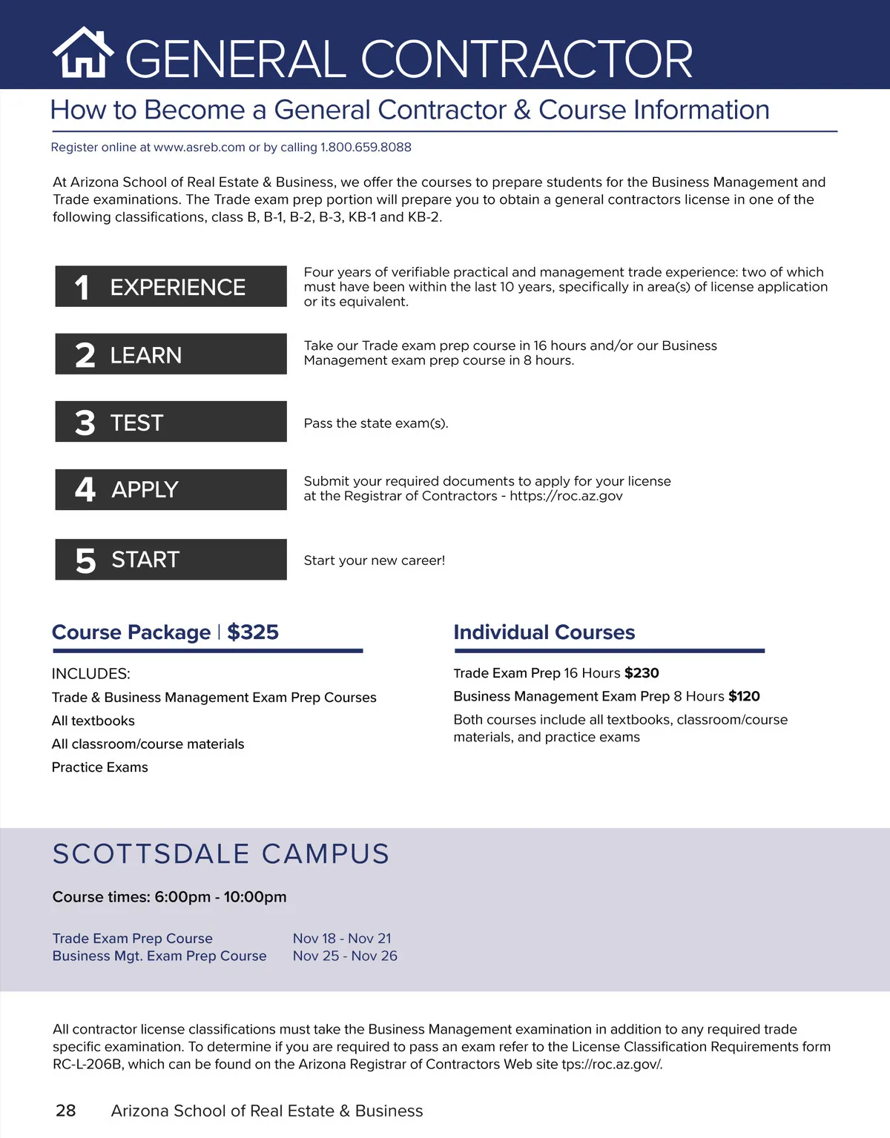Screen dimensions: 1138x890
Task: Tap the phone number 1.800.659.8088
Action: click(x=366, y=147)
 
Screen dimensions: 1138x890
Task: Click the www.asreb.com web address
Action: click(x=199, y=147)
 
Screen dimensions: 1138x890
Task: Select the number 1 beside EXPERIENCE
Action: click(x=82, y=288)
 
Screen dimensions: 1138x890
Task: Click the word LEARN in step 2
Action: click(x=145, y=355)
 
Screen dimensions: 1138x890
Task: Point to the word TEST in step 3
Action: click(x=136, y=423)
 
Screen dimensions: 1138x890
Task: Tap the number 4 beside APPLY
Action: click(x=85, y=489)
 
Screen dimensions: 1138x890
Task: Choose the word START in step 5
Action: click(x=145, y=559)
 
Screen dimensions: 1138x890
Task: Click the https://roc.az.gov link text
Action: click(x=566, y=496)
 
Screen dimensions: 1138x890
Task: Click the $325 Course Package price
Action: click(x=253, y=632)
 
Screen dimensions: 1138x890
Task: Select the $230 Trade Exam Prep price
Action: click(x=642, y=673)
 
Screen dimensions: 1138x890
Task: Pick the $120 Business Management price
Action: click(x=744, y=696)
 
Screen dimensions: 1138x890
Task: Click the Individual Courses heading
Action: click(x=544, y=632)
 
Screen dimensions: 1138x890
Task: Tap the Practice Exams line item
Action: click(x=100, y=767)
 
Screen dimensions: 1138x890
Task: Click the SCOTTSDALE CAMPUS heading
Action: click(x=221, y=854)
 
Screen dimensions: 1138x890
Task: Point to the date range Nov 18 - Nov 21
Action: click(x=342, y=939)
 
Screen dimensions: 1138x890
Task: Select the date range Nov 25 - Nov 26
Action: click(x=345, y=956)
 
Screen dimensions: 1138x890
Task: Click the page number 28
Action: click(x=66, y=1111)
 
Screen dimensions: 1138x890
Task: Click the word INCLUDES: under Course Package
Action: click(x=90, y=674)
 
